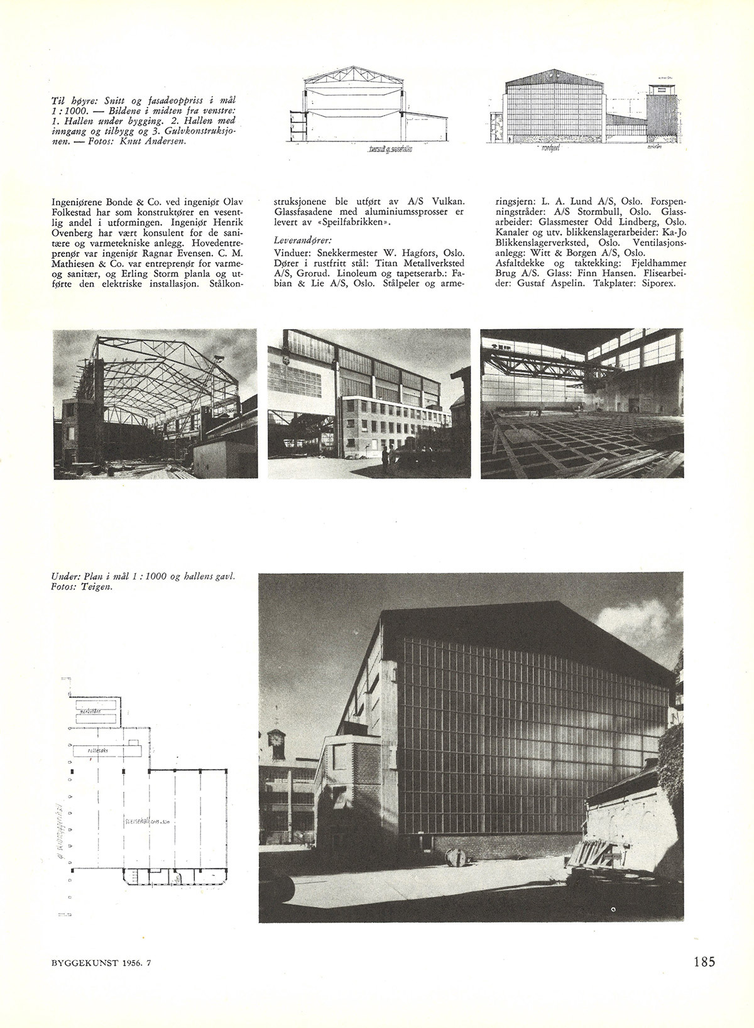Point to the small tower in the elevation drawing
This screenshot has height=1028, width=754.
(661, 113)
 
